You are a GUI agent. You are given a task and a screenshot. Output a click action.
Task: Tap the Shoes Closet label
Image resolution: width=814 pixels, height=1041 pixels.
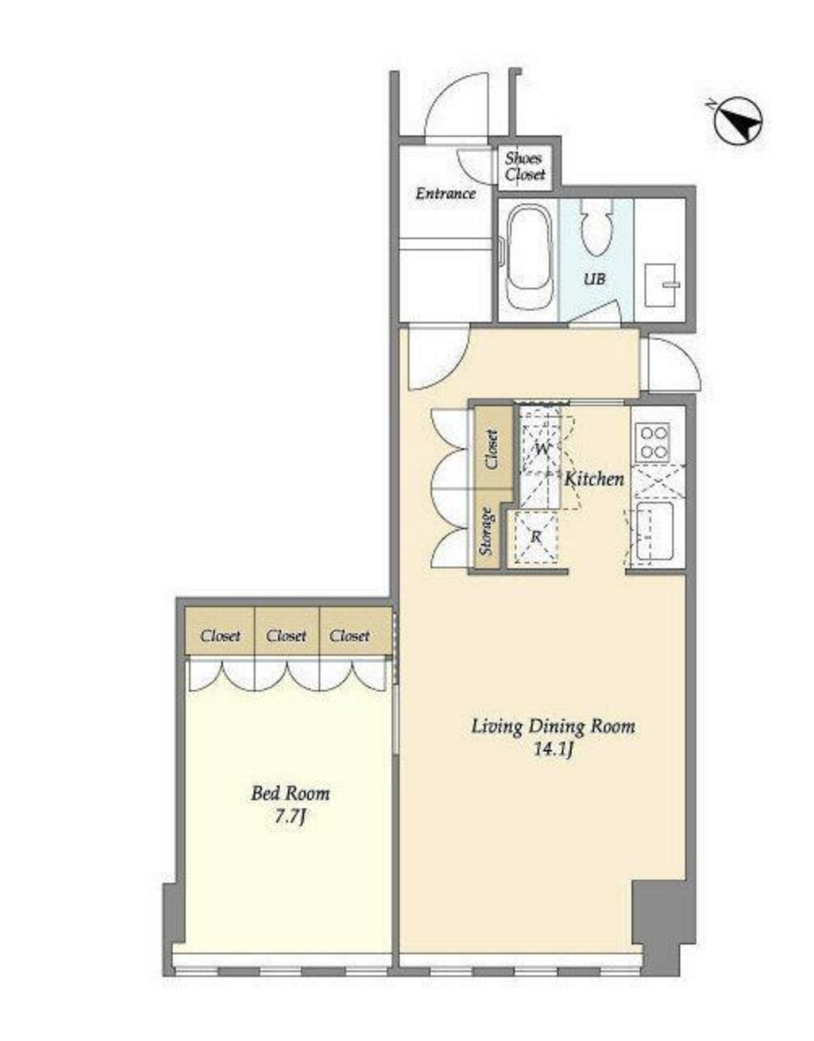[x=525, y=165]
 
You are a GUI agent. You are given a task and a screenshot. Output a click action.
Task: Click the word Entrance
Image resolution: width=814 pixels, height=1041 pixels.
[x=445, y=194]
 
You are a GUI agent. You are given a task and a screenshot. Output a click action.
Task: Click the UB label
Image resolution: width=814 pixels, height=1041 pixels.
[x=594, y=278]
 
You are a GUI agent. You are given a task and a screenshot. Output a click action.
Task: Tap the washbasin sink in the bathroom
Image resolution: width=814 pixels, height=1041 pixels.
[x=662, y=285]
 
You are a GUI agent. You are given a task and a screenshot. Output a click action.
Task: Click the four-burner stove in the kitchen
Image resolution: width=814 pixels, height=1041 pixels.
[x=654, y=442]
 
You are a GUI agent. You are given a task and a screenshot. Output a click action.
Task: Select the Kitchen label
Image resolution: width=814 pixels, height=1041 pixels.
[x=593, y=478]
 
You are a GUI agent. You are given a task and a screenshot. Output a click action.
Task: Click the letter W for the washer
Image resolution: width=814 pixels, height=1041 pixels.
[x=542, y=449]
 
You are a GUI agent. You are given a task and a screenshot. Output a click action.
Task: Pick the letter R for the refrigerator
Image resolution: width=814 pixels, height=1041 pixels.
[x=536, y=537]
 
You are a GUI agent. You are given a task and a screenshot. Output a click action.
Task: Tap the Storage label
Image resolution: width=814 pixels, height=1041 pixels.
[x=487, y=530]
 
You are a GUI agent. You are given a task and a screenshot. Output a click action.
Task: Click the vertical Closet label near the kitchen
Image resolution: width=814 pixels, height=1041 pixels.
[x=492, y=449]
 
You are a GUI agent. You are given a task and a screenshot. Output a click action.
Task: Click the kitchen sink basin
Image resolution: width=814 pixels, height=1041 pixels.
[x=654, y=531]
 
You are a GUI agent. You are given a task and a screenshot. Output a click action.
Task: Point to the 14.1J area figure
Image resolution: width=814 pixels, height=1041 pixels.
[x=553, y=750]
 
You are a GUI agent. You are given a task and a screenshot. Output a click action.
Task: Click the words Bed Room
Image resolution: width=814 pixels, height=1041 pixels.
[x=290, y=793]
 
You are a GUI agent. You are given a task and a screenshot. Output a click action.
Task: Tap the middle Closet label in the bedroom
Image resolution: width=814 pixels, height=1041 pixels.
[x=286, y=636]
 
